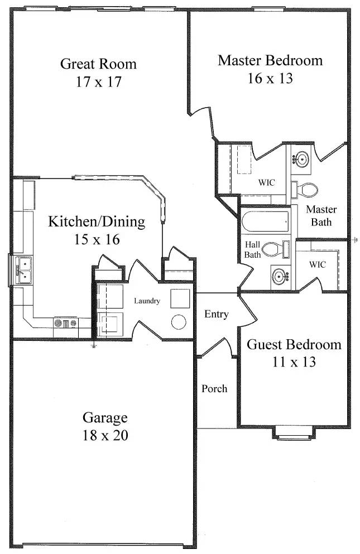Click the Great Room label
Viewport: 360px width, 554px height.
coord(98,64)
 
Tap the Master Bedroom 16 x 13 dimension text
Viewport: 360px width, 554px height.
coord(270,79)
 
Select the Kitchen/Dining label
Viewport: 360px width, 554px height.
coord(97,222)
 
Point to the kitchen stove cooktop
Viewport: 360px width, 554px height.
coord(66,322)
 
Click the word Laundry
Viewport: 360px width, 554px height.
coord(147,301)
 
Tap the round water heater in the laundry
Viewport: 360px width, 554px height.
coord(179,322)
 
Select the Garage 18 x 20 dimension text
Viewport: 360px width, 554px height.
coord(105,435)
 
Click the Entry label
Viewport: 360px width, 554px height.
coord(217,314)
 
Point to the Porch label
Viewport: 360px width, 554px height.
coord(214,389)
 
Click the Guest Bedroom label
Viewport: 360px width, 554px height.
coord(294,344)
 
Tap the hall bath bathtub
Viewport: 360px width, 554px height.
coord(265,221)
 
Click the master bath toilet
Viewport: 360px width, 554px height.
coord(305,190)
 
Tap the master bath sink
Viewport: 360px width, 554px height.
coord(301,158)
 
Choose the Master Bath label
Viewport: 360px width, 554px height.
coord(321,216)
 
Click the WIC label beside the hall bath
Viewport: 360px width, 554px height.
coord(317,264)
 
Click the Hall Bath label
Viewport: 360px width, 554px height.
coord(252,249)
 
